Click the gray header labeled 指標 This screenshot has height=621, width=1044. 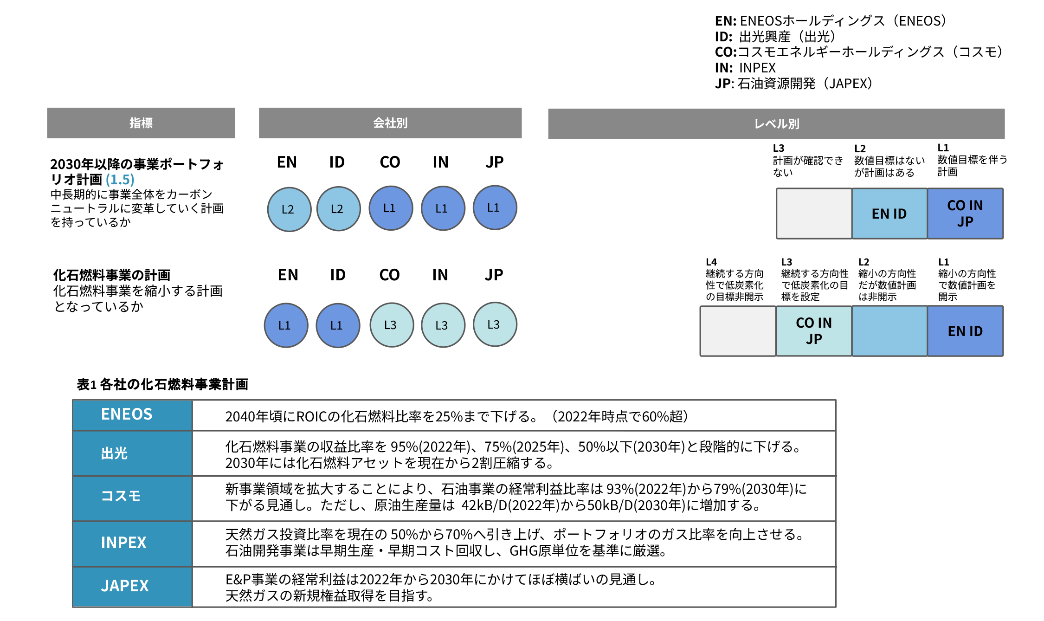141,123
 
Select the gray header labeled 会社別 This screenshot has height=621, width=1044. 390,123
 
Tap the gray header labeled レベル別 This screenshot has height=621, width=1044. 776,124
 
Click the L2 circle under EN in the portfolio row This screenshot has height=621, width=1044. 289,209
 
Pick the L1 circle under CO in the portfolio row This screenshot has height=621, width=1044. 391,208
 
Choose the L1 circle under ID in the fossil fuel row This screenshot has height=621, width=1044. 337,325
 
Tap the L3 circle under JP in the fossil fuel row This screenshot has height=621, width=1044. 495,324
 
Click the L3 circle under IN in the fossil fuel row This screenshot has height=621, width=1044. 443,325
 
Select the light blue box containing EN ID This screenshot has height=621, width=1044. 889,213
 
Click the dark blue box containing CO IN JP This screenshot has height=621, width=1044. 965,213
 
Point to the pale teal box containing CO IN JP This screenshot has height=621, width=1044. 813,331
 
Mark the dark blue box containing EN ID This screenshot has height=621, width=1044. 965,331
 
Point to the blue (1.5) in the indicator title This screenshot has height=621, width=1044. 120,180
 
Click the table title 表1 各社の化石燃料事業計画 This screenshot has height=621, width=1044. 162,384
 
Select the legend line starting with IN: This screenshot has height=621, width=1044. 745,68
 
